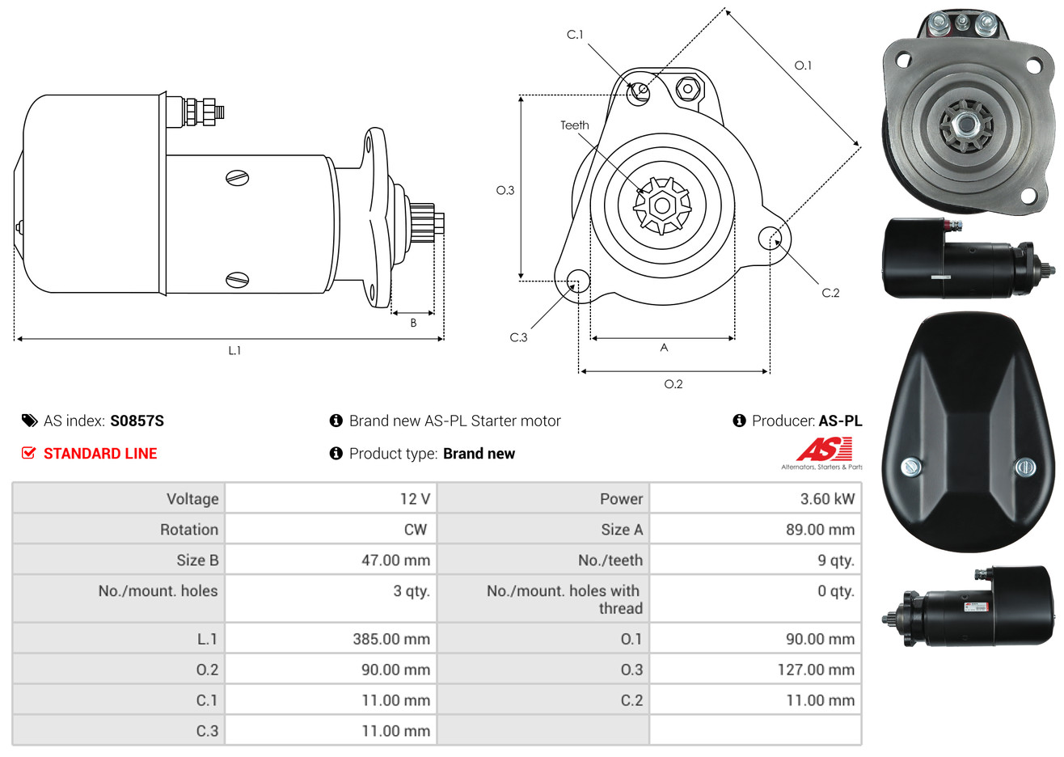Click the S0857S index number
point(137,421)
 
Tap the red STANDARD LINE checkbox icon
point(28,453)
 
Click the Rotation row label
point(189,530)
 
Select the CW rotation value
point(415,530)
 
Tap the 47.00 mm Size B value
point(395,560)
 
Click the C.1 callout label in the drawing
point(575,35)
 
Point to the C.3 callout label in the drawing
point(518,337)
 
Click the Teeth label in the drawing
point(574,125)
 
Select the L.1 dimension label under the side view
point(234,351)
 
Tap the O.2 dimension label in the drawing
point(673,384)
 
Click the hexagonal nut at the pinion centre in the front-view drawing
point(662,205)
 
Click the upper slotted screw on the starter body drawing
point(238,178)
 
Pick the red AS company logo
point(823,449)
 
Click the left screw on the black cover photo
point(911,467)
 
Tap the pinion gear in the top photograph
point(965,125)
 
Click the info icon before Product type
point(336,454)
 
